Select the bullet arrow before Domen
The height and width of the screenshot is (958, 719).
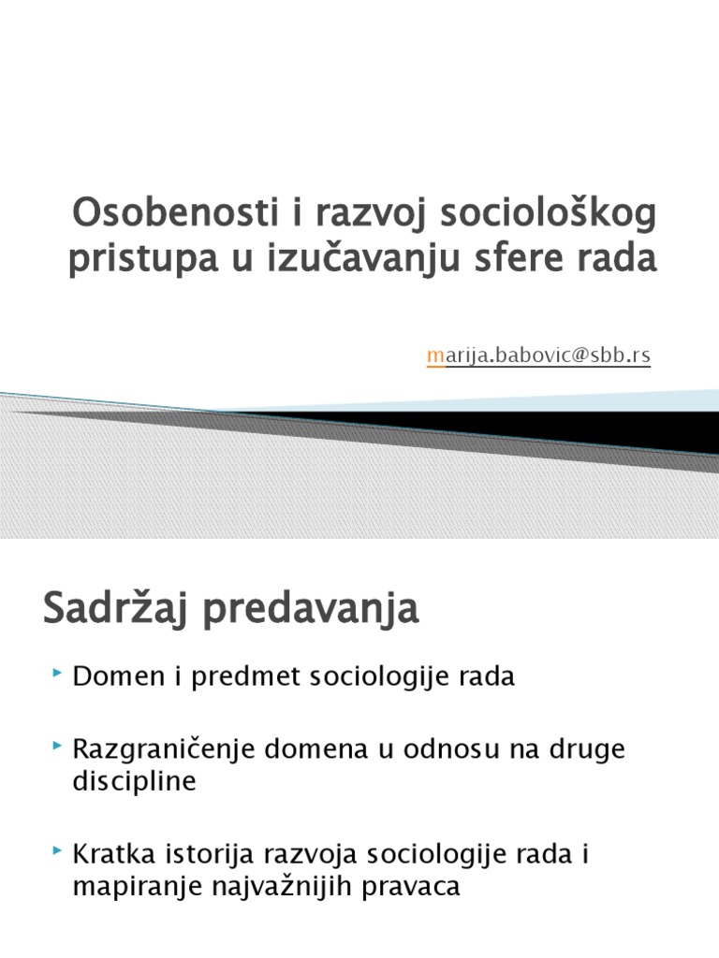pyautogui.click(x=58, y=674)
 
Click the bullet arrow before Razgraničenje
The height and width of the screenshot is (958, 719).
pyautogui.click(x=58, y=746)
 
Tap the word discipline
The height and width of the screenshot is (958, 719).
pyautogui.click(x=134, y=781)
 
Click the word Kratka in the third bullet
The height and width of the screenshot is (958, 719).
pyautogui.click(x=110, y=854)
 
